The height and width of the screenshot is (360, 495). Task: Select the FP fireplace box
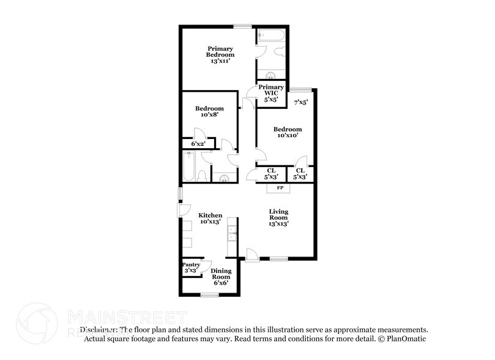(280, 187)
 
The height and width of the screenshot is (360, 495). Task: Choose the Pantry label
(192, 265)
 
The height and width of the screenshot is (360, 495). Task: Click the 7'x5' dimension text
(300, 102)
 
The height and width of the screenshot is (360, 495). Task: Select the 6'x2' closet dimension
(198, 144)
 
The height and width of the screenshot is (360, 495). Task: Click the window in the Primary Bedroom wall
(242, 26)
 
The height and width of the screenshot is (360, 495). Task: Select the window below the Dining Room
(210, 296)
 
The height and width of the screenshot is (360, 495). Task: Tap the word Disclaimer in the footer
(99, 329)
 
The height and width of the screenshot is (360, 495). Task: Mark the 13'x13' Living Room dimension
(278, 223)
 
